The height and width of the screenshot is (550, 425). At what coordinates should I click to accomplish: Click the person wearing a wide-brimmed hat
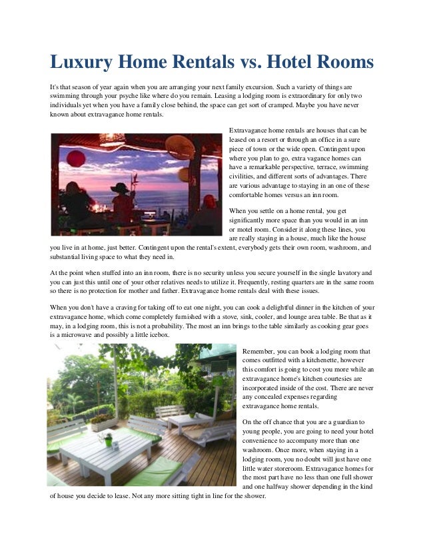point(121,200)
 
